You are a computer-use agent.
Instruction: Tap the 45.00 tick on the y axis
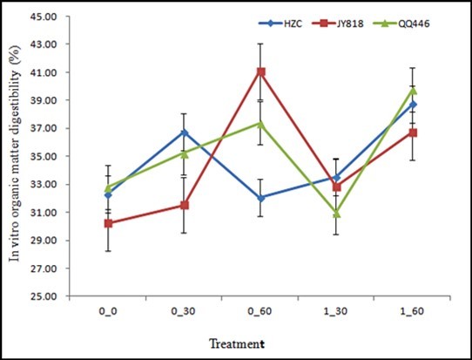point(44,17)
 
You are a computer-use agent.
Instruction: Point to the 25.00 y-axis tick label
point(44,296)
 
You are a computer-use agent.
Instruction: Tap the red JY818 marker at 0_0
point(107,223)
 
